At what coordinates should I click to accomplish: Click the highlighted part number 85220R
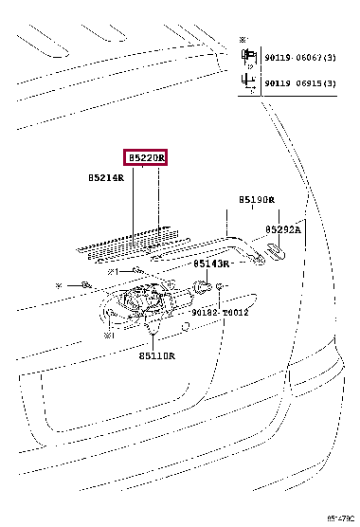click(x=142, y=157)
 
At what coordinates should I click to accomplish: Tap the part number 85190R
click(x=256, y=200)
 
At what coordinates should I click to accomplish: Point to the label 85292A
click(x=283, y=229)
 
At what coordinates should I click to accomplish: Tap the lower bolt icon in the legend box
click(x=247, y=82)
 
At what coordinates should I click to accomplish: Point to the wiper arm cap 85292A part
click(x=276, y=251)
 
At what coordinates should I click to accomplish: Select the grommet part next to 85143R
click(x=201, y=284)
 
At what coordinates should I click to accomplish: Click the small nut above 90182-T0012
click(x=220, y=286)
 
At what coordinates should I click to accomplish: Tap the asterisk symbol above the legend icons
click(x=244, y=40)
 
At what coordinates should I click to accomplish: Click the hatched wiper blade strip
click(x=128, y=242)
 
